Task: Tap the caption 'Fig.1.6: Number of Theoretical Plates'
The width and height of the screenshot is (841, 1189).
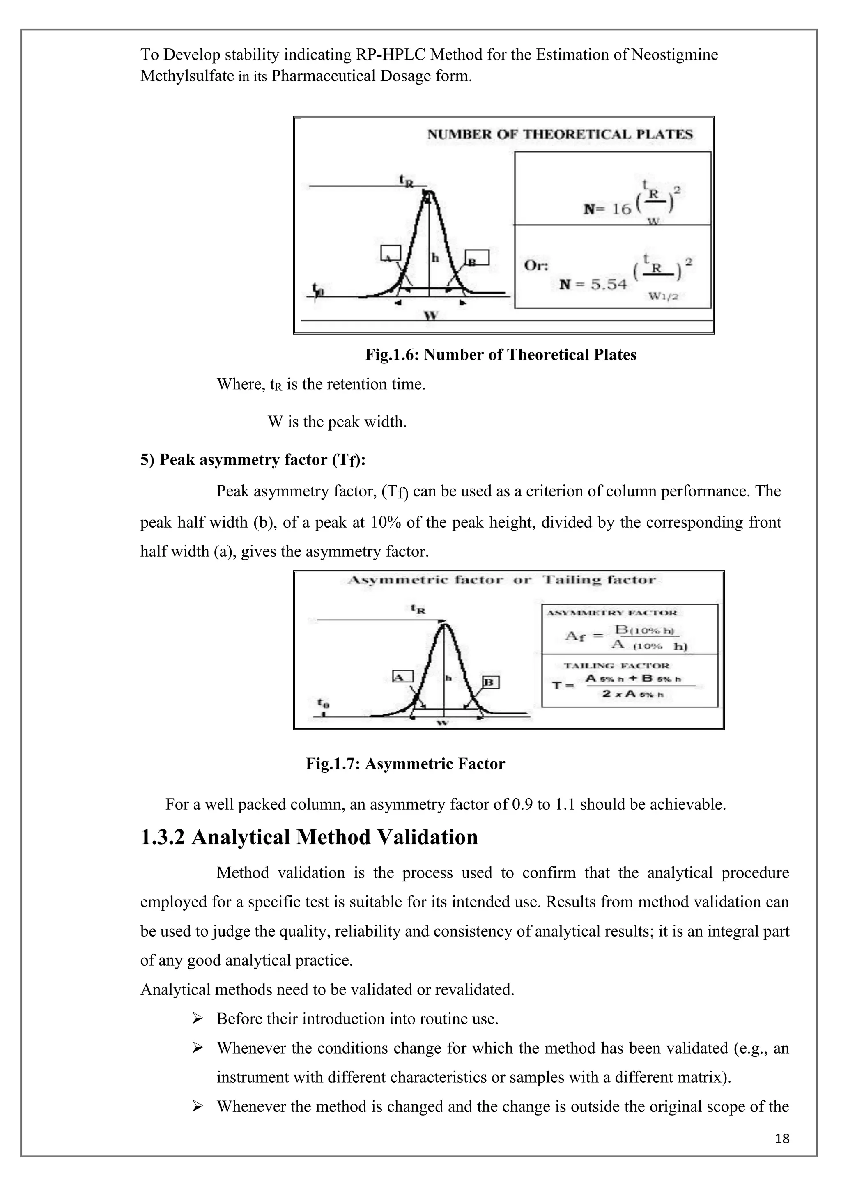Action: (500, 355)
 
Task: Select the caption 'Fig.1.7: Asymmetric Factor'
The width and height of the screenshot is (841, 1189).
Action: (405, 764)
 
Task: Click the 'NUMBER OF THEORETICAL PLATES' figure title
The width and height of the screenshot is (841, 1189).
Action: (559, 135)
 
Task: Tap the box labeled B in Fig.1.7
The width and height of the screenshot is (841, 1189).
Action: (490, 682)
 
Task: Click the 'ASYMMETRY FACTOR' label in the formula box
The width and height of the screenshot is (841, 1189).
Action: (611, 613)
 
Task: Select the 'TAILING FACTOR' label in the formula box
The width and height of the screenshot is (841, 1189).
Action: (616, 666)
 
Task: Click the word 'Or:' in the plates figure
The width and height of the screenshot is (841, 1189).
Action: (536, 265)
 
